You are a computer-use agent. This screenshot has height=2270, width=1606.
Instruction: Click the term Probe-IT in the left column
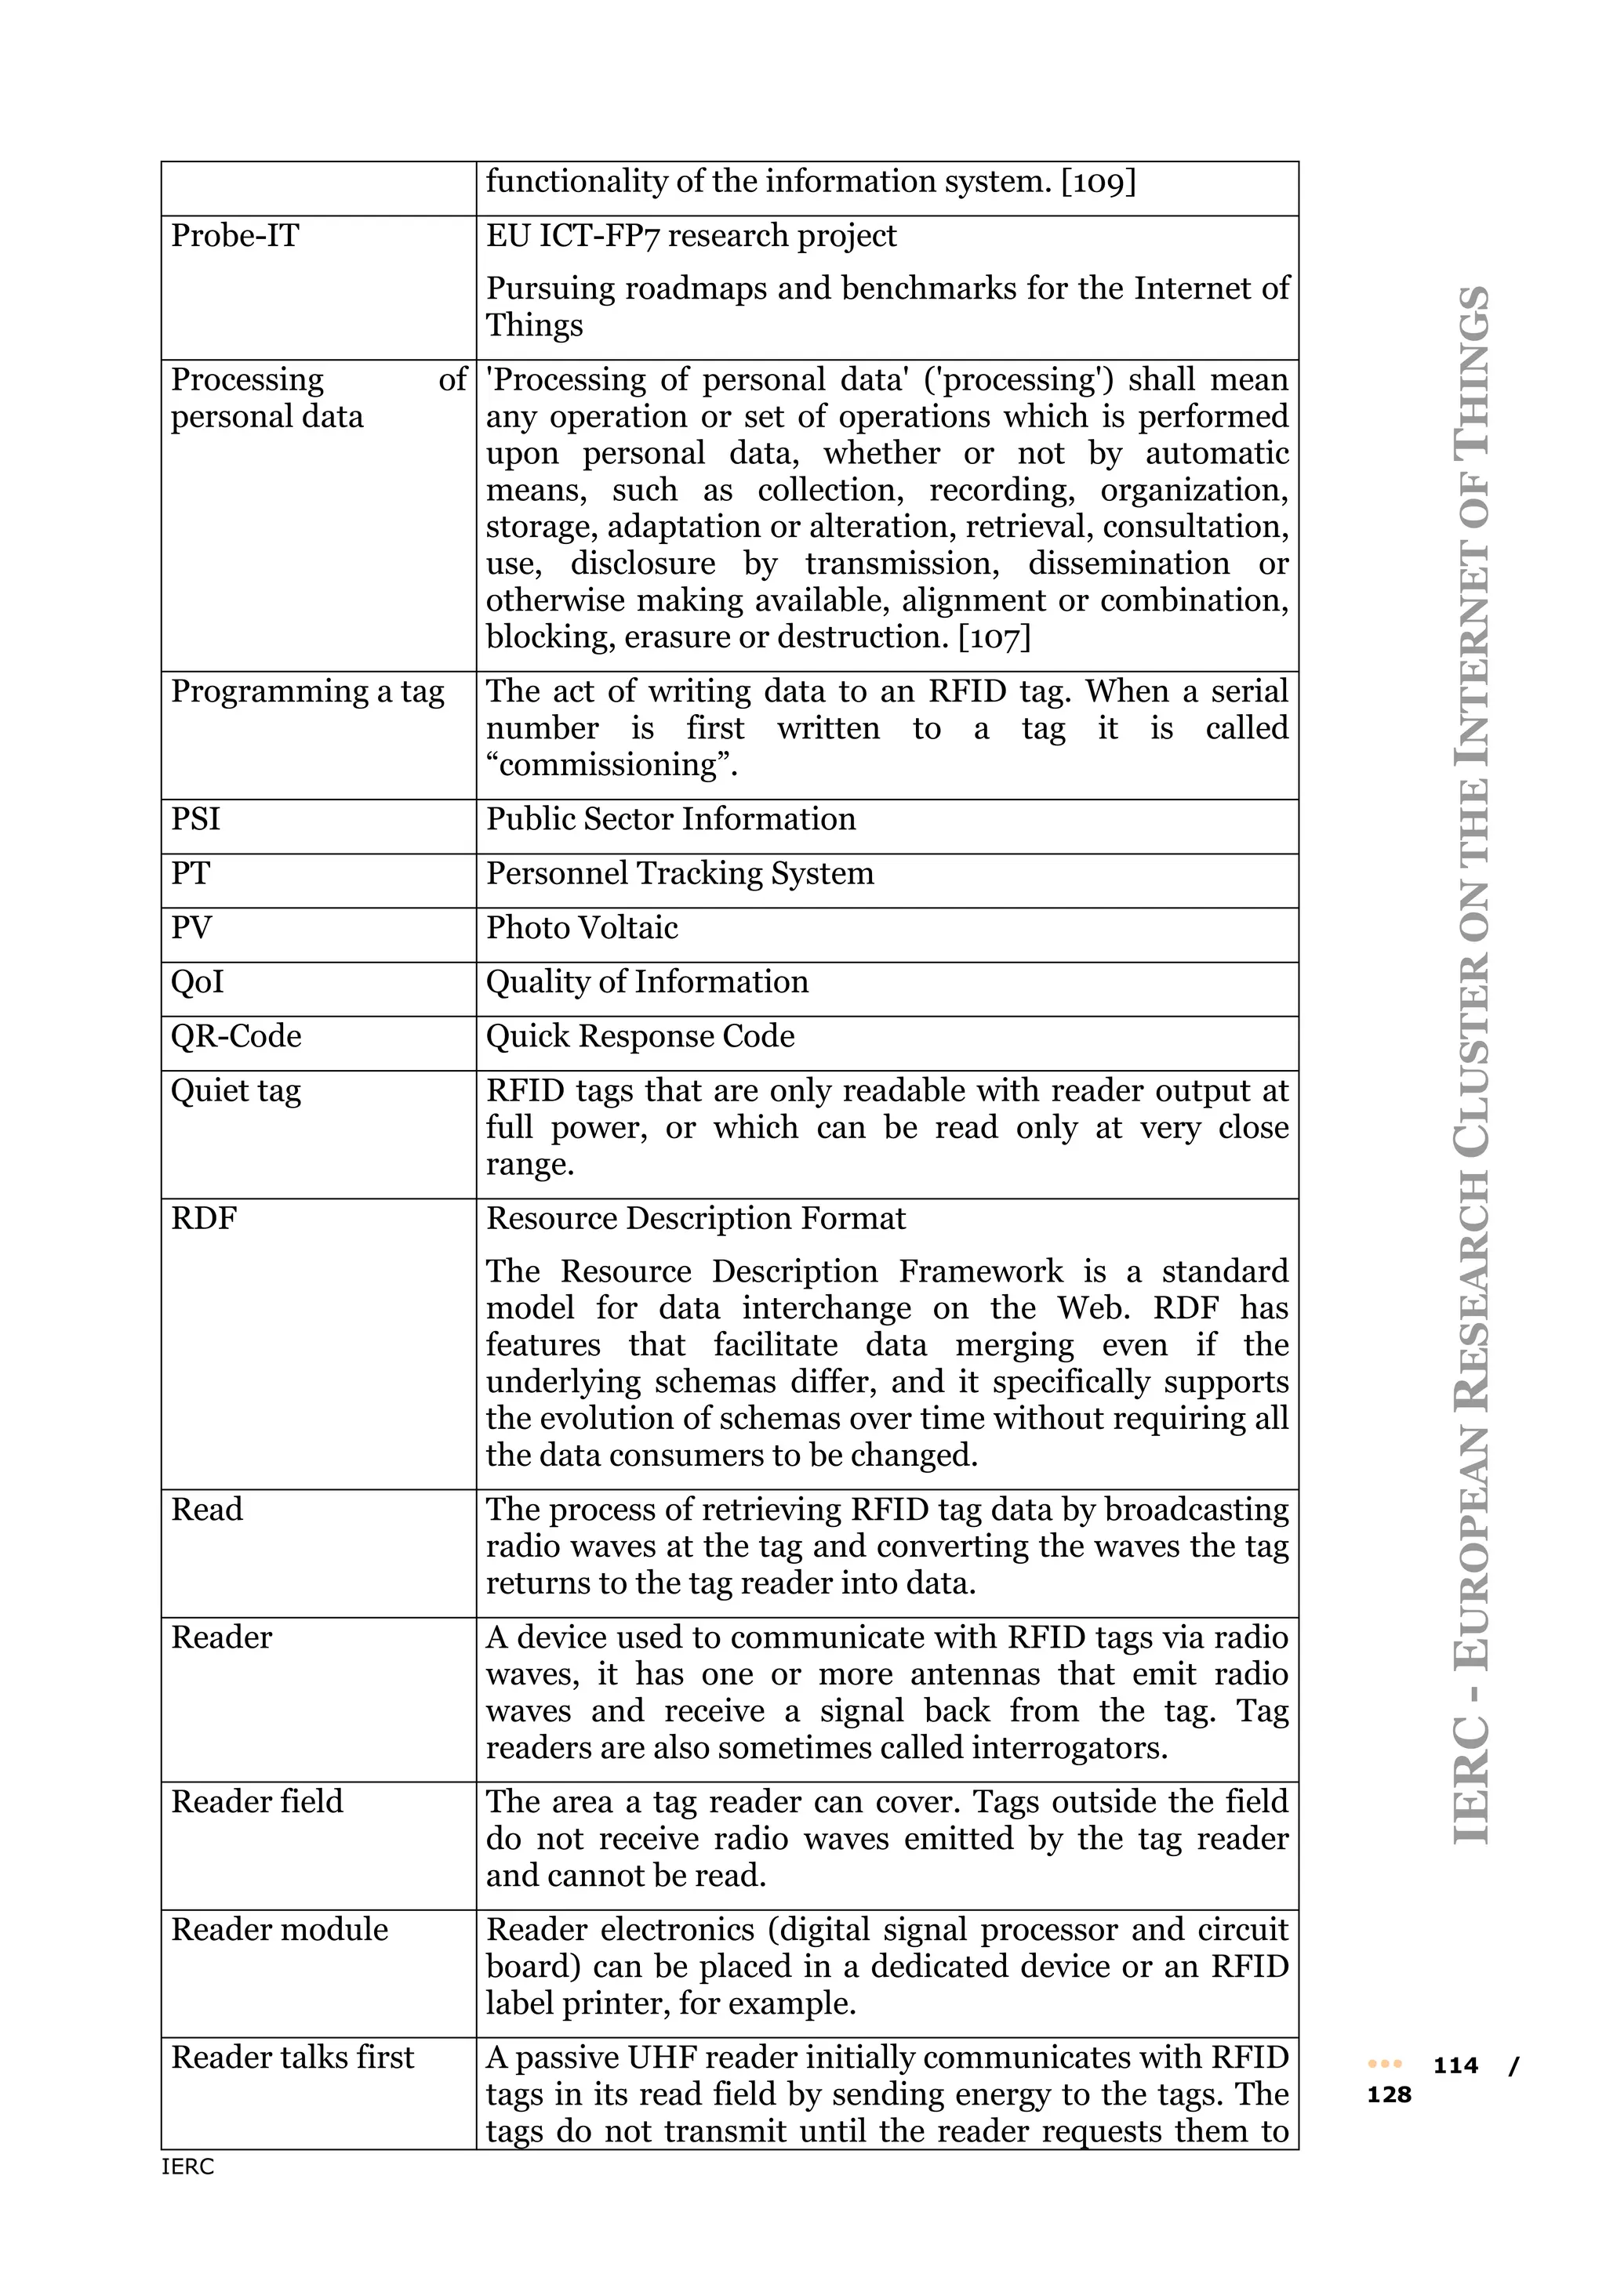click(234, 235)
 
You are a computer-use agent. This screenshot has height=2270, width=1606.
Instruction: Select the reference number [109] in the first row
click(1098, 182)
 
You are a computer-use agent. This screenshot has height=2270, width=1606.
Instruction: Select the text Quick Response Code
click(640, 1036)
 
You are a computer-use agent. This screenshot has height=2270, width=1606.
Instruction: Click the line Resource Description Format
click(696, 1218)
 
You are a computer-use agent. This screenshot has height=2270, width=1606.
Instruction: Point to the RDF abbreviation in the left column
click(204, 1218)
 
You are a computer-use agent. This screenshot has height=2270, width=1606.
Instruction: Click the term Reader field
click(257, 1801)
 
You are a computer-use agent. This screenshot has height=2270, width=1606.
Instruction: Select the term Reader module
click(280, 1929)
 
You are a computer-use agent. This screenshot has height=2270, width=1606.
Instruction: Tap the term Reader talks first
click(292, 2057)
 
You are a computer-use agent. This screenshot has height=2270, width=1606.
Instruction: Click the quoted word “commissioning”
click(611, 765)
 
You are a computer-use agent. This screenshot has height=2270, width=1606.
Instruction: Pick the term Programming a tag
click(307, 691)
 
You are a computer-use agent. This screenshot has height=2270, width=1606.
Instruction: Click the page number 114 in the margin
click(1455, 2065)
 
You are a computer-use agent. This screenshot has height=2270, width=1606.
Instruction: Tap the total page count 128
click(1389, 2095)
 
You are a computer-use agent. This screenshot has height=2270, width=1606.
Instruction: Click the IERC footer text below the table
click(188, 2167)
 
